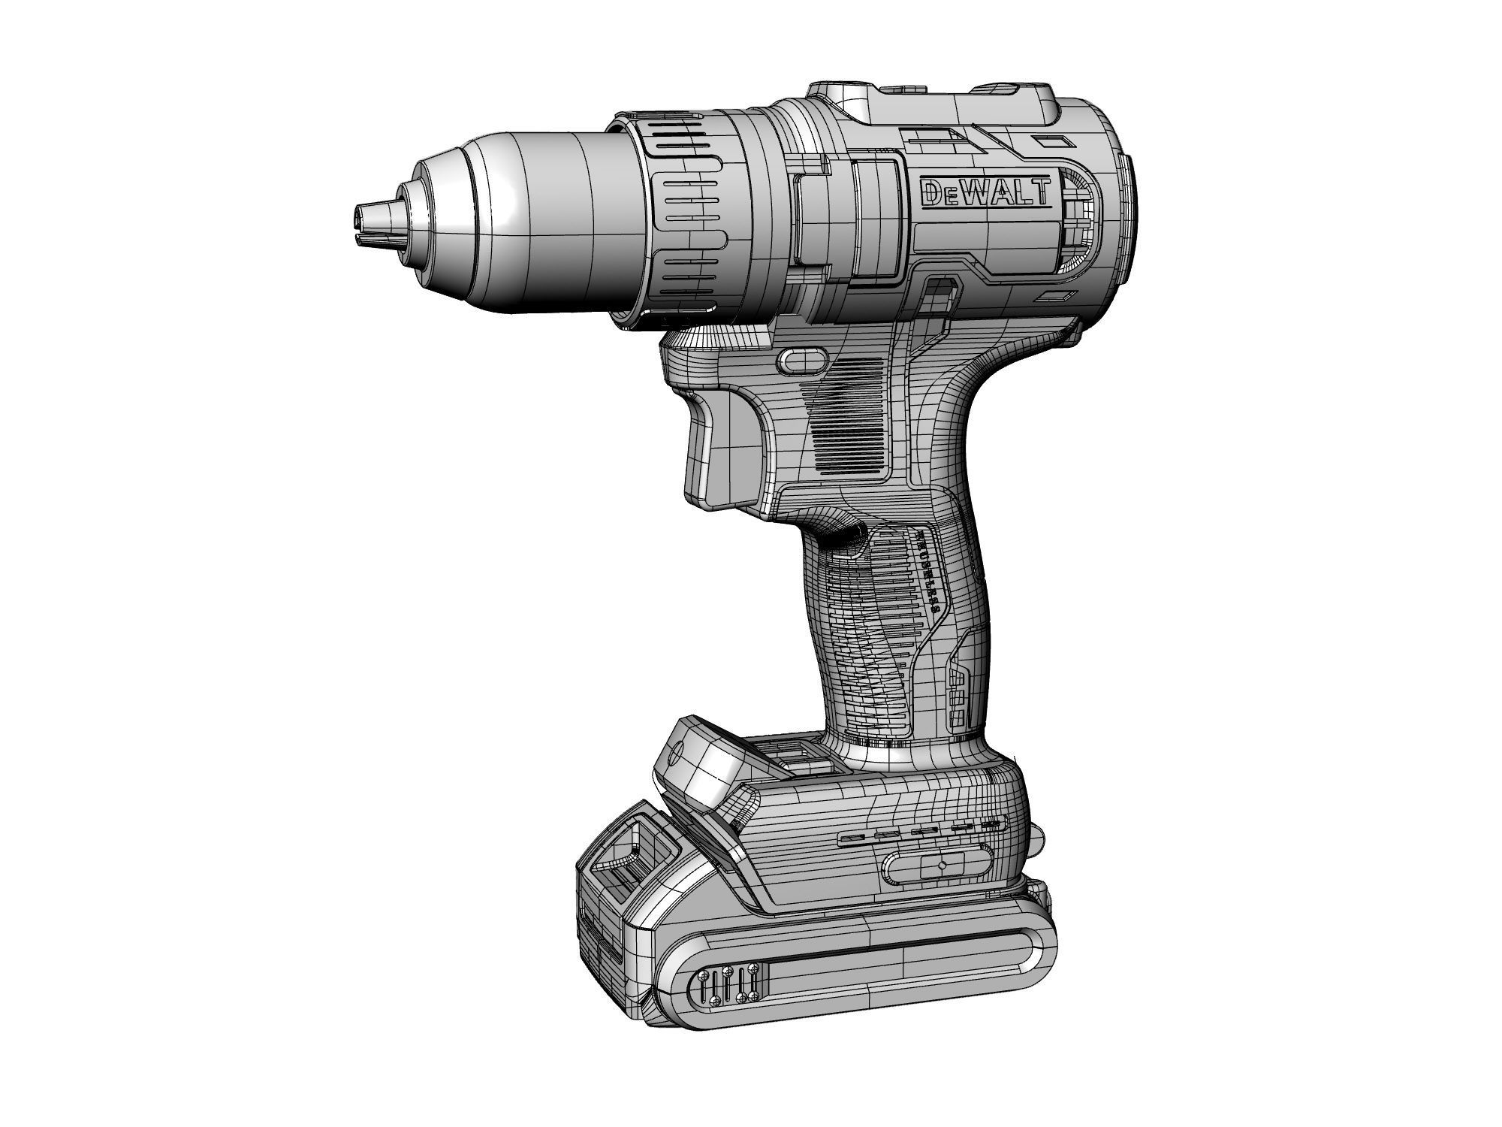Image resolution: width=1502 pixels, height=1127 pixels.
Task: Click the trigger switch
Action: click(x=713, y=443)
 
